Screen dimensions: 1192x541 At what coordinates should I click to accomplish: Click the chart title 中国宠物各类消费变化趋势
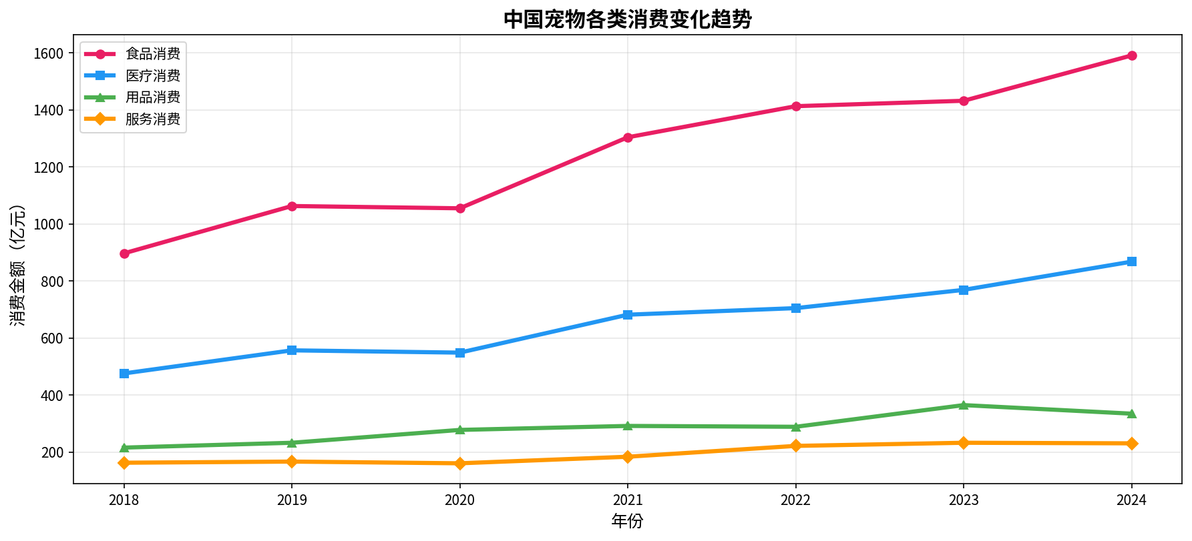627,19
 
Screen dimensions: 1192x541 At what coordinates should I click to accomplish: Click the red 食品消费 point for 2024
1132,55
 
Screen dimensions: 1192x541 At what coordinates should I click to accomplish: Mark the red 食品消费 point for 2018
124,253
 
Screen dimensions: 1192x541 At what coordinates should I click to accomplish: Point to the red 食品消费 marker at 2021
628,137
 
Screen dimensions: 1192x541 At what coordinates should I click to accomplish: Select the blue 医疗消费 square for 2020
460,353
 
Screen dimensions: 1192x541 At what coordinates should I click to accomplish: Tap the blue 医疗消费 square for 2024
1132,261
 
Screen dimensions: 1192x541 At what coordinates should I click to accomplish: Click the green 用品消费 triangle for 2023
964,405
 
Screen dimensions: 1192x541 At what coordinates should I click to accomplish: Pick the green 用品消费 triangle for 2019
292,442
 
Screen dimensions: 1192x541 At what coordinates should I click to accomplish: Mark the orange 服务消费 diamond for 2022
796,446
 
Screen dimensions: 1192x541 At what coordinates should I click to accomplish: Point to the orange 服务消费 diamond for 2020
460,464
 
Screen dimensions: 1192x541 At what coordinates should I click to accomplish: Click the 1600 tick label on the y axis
48,53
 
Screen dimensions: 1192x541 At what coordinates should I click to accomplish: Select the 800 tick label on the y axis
52,282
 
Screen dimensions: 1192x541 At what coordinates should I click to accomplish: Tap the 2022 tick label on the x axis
796,500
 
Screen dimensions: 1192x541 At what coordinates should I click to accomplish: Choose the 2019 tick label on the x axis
292,500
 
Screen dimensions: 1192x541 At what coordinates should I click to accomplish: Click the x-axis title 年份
627,521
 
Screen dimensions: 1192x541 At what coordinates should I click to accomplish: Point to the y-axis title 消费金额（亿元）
18,265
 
